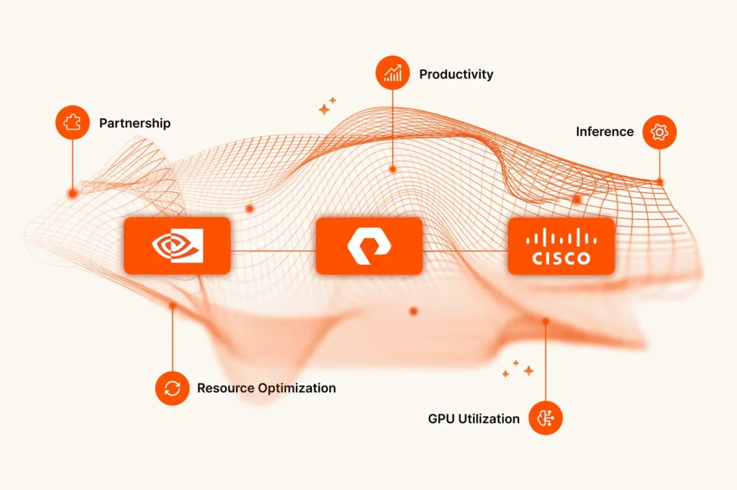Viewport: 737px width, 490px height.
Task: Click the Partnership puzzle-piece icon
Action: [x=73, y=122]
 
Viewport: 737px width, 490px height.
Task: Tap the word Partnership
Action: [x=135, y=123]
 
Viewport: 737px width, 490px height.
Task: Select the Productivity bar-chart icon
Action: [x=392, y=73]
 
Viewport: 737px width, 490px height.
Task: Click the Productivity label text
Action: [x=456, y=74]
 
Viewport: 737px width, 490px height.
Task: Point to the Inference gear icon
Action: [x=659, y=132]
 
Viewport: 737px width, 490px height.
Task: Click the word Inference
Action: [x=605, y=132]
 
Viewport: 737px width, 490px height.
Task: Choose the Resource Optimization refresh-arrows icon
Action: [x=173, y=388]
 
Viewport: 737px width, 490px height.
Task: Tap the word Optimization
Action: [x=297, y=388]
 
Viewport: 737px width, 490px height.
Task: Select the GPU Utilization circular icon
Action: [x=546, y=417]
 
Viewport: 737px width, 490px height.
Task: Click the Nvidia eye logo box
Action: [x=177, y=245]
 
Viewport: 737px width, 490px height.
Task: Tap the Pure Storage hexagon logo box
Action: [x=369, y=245]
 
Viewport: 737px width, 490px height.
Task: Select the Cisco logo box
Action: [x=561, y=245]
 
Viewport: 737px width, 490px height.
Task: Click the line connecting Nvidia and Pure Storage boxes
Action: [x=273, y=251]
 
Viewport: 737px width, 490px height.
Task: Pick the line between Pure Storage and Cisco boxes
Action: [x=466, y=251]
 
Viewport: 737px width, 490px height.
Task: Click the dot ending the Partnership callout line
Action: [x=73, y=193]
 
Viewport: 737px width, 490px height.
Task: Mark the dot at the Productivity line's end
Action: [x=393, y=169]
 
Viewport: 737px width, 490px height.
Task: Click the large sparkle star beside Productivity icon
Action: [x=324, y=109]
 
